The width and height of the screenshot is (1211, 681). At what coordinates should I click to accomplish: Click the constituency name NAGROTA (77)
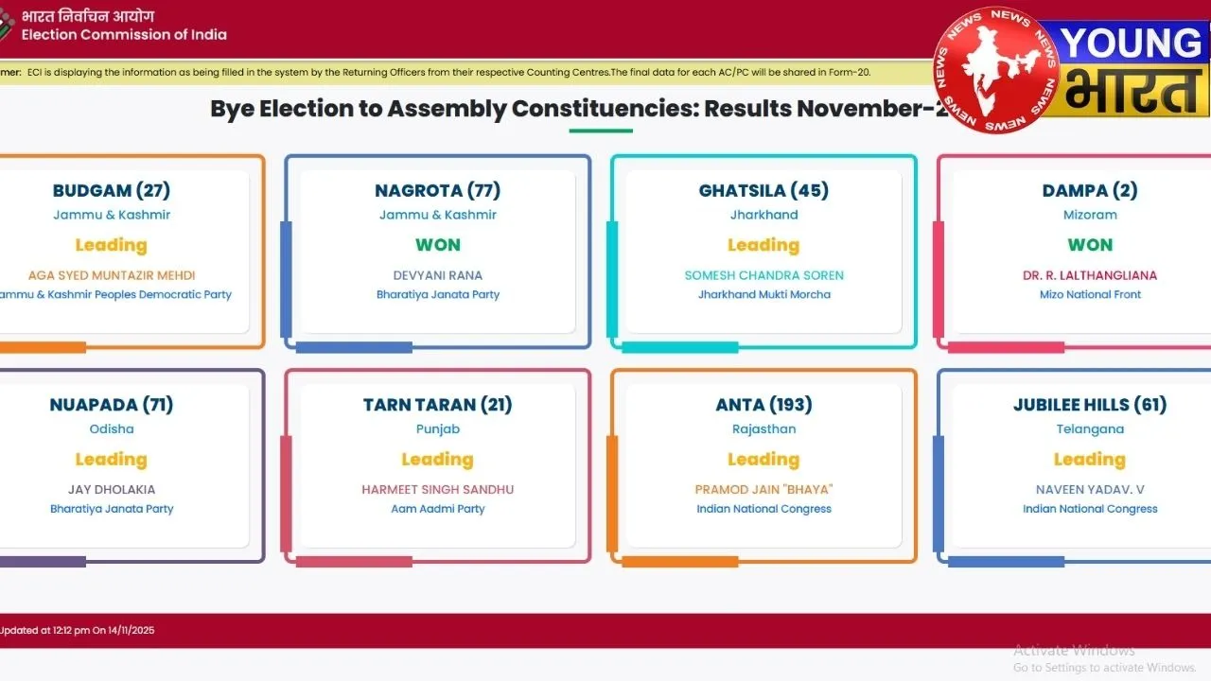pyautogui.click(x=437, y=190)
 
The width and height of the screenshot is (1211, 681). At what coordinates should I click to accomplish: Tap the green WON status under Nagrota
pyautogui.click(x=438, y=245)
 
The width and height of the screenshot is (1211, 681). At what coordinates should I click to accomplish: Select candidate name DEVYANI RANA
pyautogui.click(x=438, y=275)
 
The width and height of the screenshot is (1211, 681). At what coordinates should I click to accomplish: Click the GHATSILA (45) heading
pyautogui.click(x=763, y=190)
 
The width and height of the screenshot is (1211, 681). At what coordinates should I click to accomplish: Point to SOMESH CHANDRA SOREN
pyautogui.click(x=763, y=275)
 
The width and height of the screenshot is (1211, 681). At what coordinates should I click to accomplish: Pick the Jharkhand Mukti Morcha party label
pyautogui.click(x=763, y=294)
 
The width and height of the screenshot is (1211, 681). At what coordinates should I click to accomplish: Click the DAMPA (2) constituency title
pyautogui.click(x=1090, y=190)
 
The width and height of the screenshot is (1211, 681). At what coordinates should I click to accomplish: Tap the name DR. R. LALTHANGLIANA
pyautogui.click(x=1090, y=275)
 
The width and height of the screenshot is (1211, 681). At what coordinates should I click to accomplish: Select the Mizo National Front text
pyautogui.click(x=1090, y=294)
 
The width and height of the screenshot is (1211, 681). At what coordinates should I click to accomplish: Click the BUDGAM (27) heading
pyautogui.click(x=112, y=190)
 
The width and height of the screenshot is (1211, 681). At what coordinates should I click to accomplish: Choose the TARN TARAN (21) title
pyautogui.click(x=438, y=405)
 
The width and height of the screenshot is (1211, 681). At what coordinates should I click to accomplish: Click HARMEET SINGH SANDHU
pyautogui.click(x=438, y=490)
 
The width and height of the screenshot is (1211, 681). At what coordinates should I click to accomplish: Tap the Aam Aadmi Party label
pyautogui.click(x=438, y=509)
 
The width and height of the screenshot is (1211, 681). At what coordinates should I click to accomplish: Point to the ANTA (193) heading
pyautogui.click(x=763, y=405)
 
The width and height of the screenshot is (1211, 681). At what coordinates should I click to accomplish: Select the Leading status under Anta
pyautogui.click(x=763, y=460)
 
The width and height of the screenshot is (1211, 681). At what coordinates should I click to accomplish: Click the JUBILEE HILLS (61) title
pyautogui.click(x=1090, y=405)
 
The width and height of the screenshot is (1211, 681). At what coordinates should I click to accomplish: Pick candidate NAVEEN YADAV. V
pyautogui.click(x=1090, y=490)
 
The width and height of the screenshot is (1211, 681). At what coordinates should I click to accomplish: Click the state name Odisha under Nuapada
pyautogui.click(x=112, y=429)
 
